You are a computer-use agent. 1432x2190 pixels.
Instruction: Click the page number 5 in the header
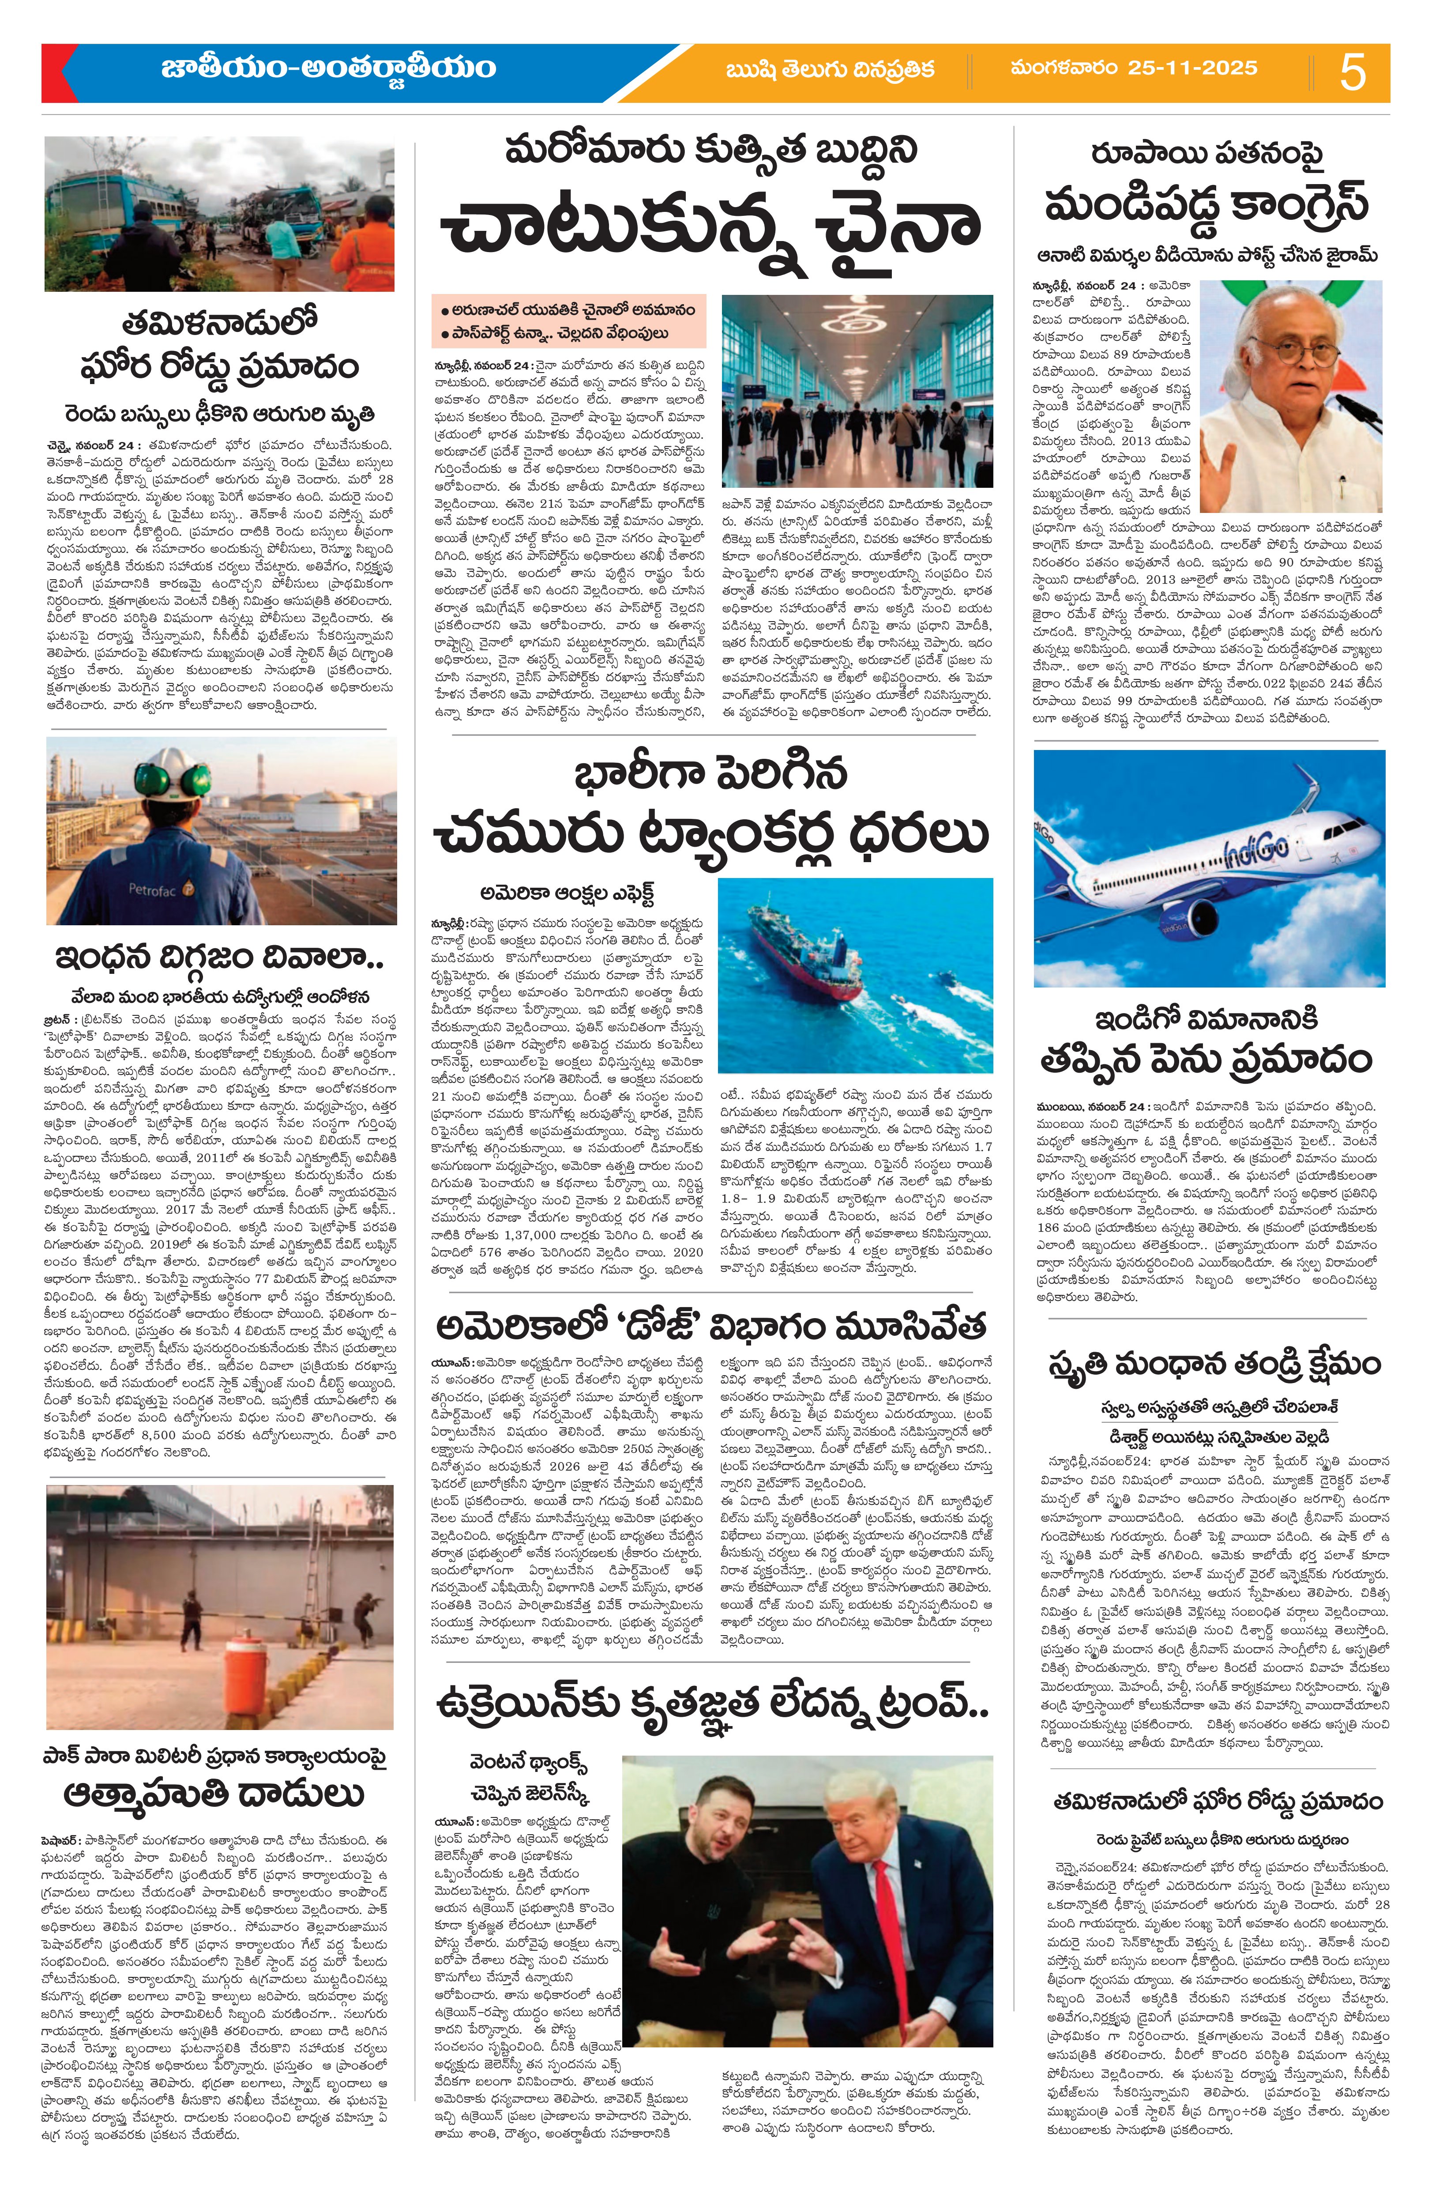click(x=1352, y=72)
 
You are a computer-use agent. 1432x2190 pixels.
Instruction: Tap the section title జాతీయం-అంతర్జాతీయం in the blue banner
click(x=328, y=69)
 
